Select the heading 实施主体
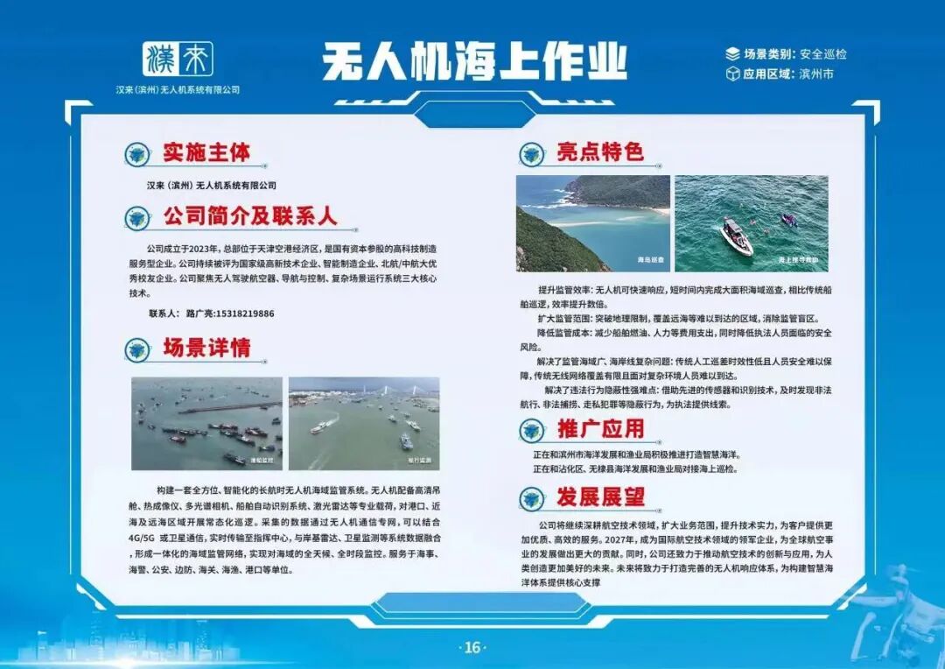coord(206,152)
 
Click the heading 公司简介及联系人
coord(249,216)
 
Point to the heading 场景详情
coord(206,348)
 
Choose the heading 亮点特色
coord(600,152)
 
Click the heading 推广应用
coord(600,429)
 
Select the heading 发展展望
coord(600,497)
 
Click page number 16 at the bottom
coord(472,648)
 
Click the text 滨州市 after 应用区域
coord(816,74)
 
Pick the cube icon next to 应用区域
coord(732,74)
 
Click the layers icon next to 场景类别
coord(732,53)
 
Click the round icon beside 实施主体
coord(136,155)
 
